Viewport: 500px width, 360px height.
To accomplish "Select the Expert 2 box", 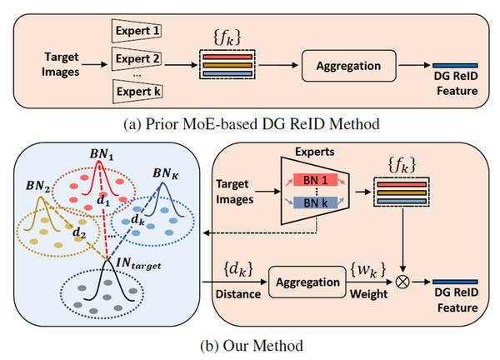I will tap(137, 60).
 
